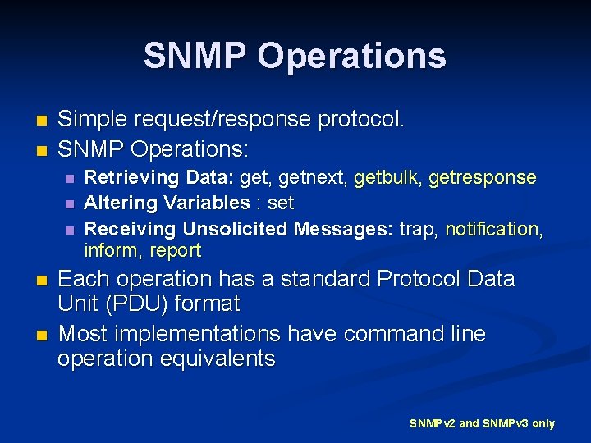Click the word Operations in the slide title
(351, 57)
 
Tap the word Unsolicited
(236, 228)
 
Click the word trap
(418, 228)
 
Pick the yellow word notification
(493, 228)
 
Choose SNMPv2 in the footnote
(433, 424)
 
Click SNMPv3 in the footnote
(506, 424)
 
